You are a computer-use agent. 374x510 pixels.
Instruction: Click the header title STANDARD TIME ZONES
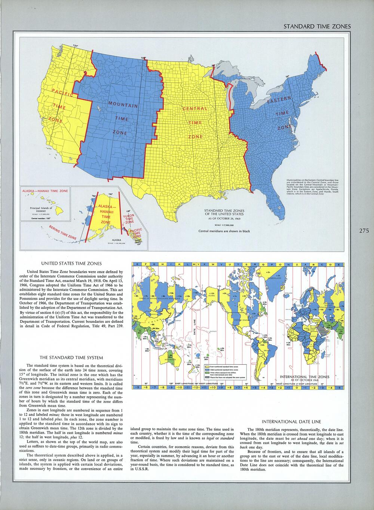pyautogui.click(x=317, y=26)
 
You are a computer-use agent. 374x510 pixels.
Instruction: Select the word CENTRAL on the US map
pyautogui.click(x=194, y=109)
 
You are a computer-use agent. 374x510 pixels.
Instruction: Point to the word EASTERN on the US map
pyautogui.click(x=279, y=100)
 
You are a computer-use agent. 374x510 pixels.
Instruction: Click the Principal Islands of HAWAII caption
pyautogui.click(x=41, y=209)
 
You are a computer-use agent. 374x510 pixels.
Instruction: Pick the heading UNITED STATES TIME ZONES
pyautogui.click(x=71, y=263)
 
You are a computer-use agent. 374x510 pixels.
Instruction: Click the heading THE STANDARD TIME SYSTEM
pyautogui.click(x=71, y=358)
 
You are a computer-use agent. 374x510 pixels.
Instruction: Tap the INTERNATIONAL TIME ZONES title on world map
pyautogui.click(x=305, y=377)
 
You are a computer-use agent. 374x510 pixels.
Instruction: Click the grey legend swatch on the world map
pyautogui.click(x=207, y=378)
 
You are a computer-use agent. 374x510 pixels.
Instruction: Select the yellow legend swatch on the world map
pyautogui.click(x=207, y=367)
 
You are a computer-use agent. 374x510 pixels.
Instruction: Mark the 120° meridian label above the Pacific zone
pyautogui.click(x=75, y=46)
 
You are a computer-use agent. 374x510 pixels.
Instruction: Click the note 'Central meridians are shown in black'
pyautogui.click(x=224, y=231)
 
